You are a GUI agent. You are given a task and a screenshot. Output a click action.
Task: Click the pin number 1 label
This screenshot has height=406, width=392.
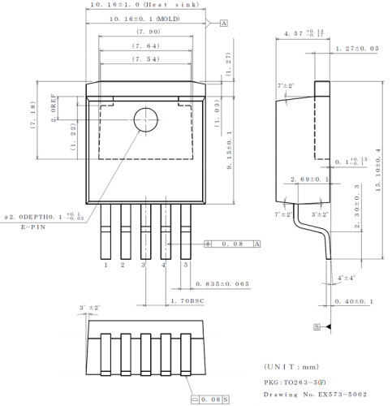[x=106, y=265]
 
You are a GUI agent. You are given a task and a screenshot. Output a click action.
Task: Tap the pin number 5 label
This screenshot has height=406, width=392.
[x=186, y=265]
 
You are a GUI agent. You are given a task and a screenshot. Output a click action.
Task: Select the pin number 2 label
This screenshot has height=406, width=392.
[x=123, y=265]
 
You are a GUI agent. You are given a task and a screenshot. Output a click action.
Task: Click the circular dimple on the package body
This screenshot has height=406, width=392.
[x=145, y=119]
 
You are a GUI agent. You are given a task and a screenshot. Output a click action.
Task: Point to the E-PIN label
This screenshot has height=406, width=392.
[x=32, y=230]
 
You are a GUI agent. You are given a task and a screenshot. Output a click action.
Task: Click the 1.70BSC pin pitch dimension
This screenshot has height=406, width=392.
[x=189, y=300]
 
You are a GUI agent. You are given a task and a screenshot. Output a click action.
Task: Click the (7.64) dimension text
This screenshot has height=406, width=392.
[x=147, y=46]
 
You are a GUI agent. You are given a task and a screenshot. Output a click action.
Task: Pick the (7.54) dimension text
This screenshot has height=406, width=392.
[x=147, y=59]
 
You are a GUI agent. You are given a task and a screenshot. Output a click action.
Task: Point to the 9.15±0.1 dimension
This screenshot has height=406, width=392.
[x=230, y=155]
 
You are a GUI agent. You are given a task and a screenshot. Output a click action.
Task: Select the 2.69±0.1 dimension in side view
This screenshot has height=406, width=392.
[x=308, y=179]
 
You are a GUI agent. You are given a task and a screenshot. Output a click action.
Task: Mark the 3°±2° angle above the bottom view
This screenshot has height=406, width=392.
[x=88, y=309]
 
